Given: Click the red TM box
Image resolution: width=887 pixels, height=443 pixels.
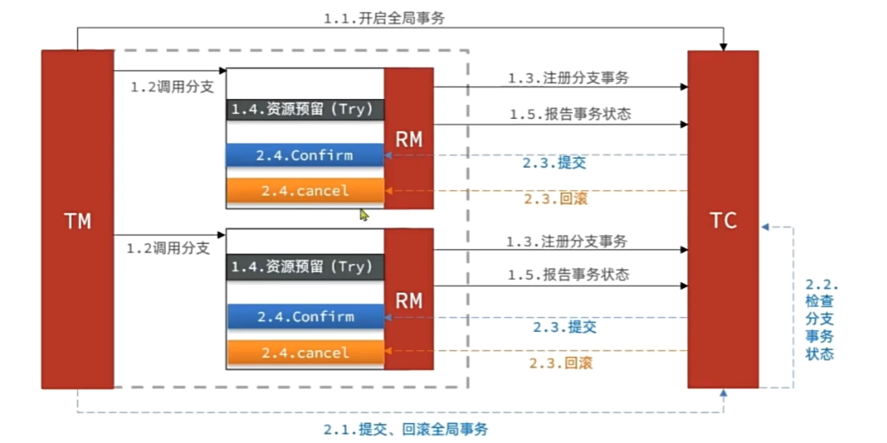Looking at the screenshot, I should pos(77,219).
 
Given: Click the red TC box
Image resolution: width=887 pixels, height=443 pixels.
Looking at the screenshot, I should pos(723,219).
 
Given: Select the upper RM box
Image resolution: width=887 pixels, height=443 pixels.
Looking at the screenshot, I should pos(409,138).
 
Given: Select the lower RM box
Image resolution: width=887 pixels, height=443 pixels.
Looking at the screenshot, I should pos(409,300).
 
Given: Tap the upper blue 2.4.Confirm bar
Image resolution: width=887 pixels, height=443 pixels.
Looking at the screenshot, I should pos(304,155).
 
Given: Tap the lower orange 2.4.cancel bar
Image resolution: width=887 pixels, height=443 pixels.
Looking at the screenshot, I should pos(305,353).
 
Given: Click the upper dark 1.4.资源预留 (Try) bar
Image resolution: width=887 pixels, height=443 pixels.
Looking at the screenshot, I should pos(304,109).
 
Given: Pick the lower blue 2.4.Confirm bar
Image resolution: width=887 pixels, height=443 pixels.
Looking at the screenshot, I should pos(305,317).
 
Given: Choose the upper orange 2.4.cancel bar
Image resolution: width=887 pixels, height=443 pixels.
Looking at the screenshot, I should pos(304,190).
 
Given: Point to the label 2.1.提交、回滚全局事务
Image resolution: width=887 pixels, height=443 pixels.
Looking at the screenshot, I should pos(406,429).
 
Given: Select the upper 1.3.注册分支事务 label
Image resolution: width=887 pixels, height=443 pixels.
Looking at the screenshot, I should pos(568,77).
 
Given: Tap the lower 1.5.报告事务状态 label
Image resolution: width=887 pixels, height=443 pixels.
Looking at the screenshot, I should pos(568,274).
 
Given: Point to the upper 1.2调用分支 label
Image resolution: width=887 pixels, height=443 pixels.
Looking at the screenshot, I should pos(171,87).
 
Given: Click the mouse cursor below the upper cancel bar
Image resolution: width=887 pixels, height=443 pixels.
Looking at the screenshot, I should pos(364,214).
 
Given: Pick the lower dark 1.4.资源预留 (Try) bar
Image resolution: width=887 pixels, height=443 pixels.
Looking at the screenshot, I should pos(305,267).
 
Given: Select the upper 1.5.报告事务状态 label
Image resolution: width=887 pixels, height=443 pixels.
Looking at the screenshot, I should pos(569,114).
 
